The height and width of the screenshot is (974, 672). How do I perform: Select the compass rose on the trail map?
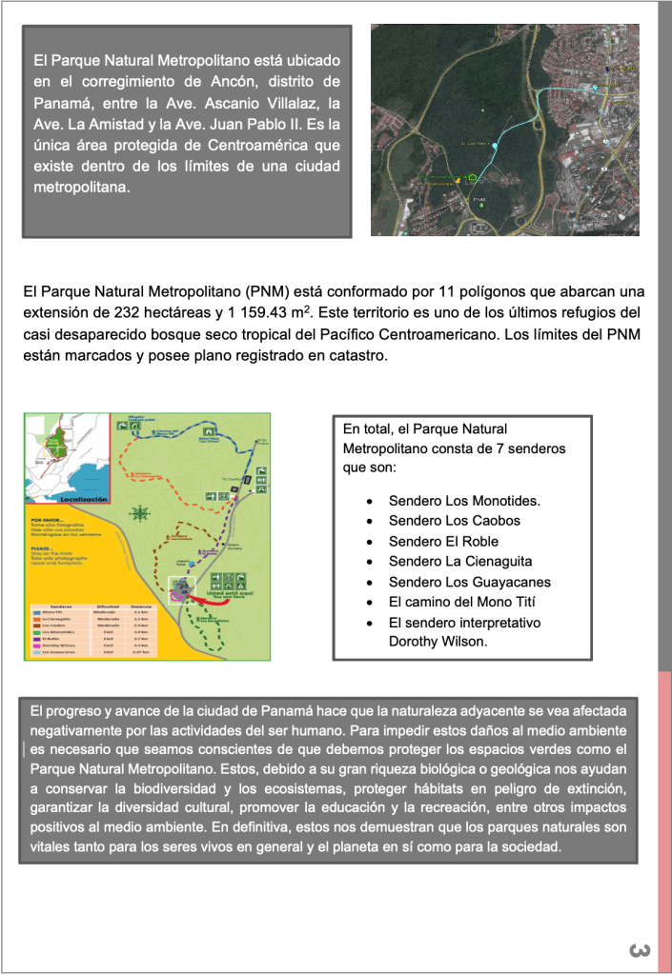pyautogui.click(x=140, y=512)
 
